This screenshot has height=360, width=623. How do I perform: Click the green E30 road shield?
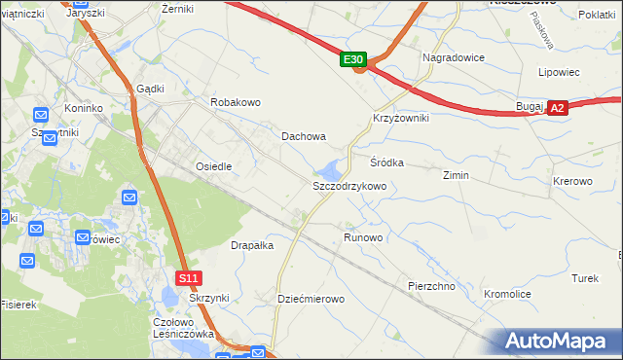pyautogui.click(x=353, y=60)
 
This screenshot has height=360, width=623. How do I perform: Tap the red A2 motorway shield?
pyautogui.click(x=557, y=109)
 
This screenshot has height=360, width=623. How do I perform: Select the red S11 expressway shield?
pyautogui.click(x=190, y=278)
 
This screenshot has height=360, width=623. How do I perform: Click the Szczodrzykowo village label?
pyautogui.click(x=349, y=185)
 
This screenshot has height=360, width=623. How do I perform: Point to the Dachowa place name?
pyautogui.click(x=304, y=137)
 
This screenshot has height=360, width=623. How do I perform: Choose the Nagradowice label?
pyautogui.click(x=453, y=57)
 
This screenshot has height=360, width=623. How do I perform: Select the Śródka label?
pyautogui.click(x=386, y=162)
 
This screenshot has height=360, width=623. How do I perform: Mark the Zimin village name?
pyautogui.click(x=456, y=175)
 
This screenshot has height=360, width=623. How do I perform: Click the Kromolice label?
pyautogui.click(x=507, y=292)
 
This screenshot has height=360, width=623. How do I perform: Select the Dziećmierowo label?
pyautogui.click(x=311, y=299)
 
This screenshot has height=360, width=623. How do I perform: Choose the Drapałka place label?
pyautogui.click(x=252, y=246)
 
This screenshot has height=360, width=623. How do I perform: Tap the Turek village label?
pyautogui.click(x=584, y=278)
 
